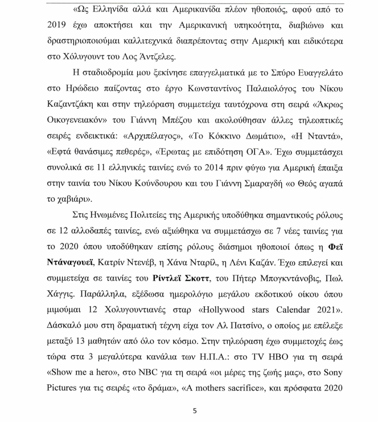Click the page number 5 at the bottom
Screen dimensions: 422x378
pos(194,409)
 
